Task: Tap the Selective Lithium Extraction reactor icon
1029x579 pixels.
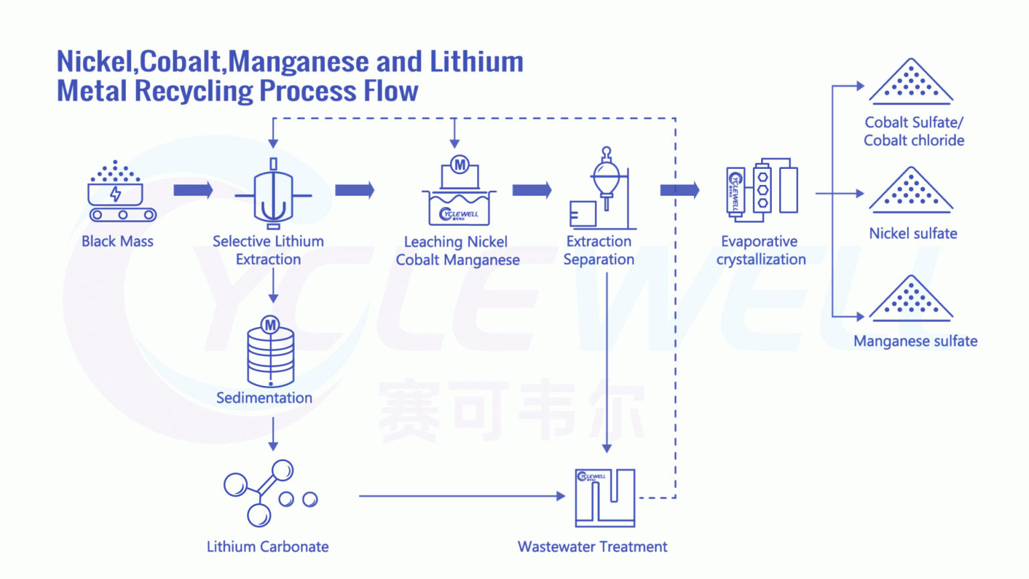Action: point(273,195)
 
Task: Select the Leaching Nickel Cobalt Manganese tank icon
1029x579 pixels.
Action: point(459,194)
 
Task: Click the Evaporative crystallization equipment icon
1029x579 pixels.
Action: point(762,190)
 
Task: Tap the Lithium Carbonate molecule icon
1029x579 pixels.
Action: point(268,494)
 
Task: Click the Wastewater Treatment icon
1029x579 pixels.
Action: point(605,497)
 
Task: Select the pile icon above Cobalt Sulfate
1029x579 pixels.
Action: point(910,82)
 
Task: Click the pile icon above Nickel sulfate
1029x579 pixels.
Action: point(910,190)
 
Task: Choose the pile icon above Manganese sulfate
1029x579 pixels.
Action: point(910,298)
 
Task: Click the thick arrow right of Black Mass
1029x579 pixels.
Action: point(193,190)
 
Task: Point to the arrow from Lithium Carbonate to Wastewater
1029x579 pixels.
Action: point(462,496)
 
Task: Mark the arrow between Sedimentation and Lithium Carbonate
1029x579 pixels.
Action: point(273,434)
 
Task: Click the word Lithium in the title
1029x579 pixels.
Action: point(476,62)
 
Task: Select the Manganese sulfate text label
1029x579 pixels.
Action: point(915,341)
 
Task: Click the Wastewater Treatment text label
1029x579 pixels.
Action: point(592,547)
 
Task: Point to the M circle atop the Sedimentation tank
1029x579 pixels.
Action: point(270,326)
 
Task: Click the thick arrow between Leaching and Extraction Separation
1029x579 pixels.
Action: point(531,190)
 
